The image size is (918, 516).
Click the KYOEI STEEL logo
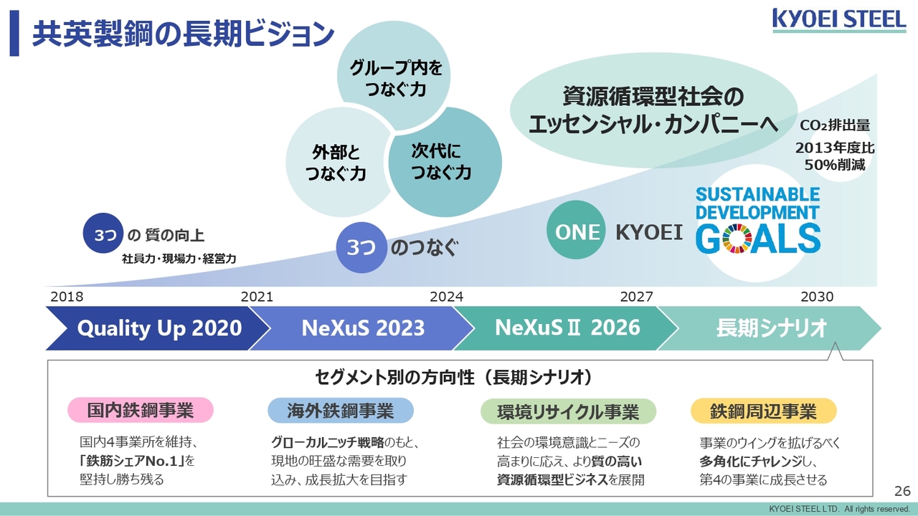tap(839, 21)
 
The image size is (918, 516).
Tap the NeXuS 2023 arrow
tap(362, 328)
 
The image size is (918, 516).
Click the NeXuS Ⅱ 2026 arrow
tap(567, 328)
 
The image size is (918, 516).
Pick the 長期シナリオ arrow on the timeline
tap(770, 328)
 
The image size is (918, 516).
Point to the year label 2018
tap(67, 297)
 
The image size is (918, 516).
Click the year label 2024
tap(446, 297)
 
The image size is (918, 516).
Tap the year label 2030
tap(817, 297)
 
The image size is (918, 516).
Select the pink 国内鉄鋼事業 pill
tap(141, 410)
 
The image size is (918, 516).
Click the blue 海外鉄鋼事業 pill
tap(341, 411)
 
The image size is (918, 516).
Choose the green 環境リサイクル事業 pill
tap(569, 411)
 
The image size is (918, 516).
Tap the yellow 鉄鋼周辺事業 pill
tap(764, 411)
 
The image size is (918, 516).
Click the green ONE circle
tap(576, 230)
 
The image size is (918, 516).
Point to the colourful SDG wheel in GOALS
tap(737, 239)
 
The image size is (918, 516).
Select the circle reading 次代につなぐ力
tap(445, 162)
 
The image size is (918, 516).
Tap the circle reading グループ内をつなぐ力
tap(394, 76)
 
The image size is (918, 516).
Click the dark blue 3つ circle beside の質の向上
tap(103, 233)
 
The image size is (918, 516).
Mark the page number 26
tap(902, 491)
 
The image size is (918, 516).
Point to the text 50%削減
tap(835, 165)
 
